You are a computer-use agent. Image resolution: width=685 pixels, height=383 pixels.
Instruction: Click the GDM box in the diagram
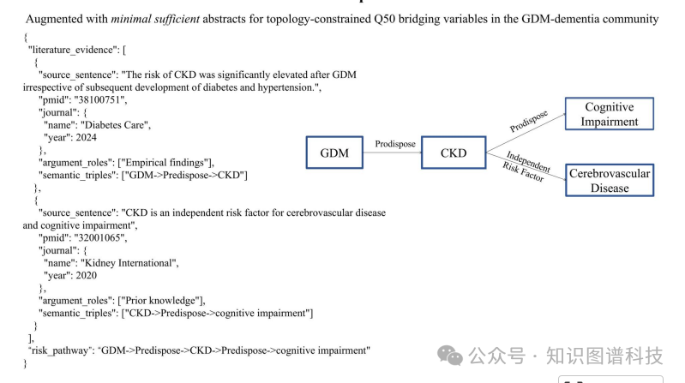point(334,153)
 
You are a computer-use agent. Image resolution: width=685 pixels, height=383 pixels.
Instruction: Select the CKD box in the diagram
point(454,153)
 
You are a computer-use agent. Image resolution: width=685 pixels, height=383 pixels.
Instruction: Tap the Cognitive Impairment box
point(609,115)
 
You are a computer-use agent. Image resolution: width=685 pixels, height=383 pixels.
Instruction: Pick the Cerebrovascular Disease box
point(609,181)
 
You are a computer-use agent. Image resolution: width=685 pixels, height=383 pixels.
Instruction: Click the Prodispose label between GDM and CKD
point(395,144)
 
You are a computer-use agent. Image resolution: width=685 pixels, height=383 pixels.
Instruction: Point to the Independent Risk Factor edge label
point(525,167)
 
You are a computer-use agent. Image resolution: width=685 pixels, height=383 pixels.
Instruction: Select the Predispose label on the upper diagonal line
point(529,120)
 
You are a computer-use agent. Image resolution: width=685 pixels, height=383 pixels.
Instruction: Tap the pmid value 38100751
point(102,100)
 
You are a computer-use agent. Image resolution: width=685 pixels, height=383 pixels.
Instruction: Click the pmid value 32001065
point(102,237)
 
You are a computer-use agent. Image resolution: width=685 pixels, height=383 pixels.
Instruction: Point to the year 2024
point(85,137)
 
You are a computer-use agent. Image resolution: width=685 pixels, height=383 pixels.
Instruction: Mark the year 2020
point(85,275)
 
